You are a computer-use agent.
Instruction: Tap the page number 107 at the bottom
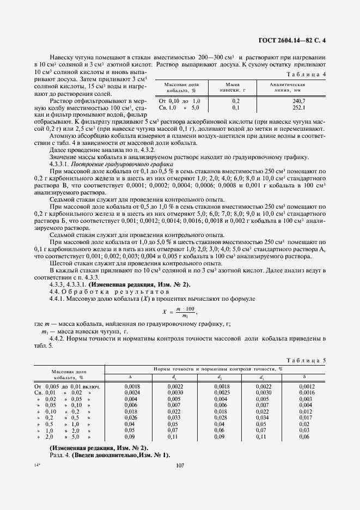[180, 465]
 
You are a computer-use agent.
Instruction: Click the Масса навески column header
[236, 88]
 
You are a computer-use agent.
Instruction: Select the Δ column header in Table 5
[130, 377]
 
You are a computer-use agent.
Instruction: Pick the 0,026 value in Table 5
[130, 418]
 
